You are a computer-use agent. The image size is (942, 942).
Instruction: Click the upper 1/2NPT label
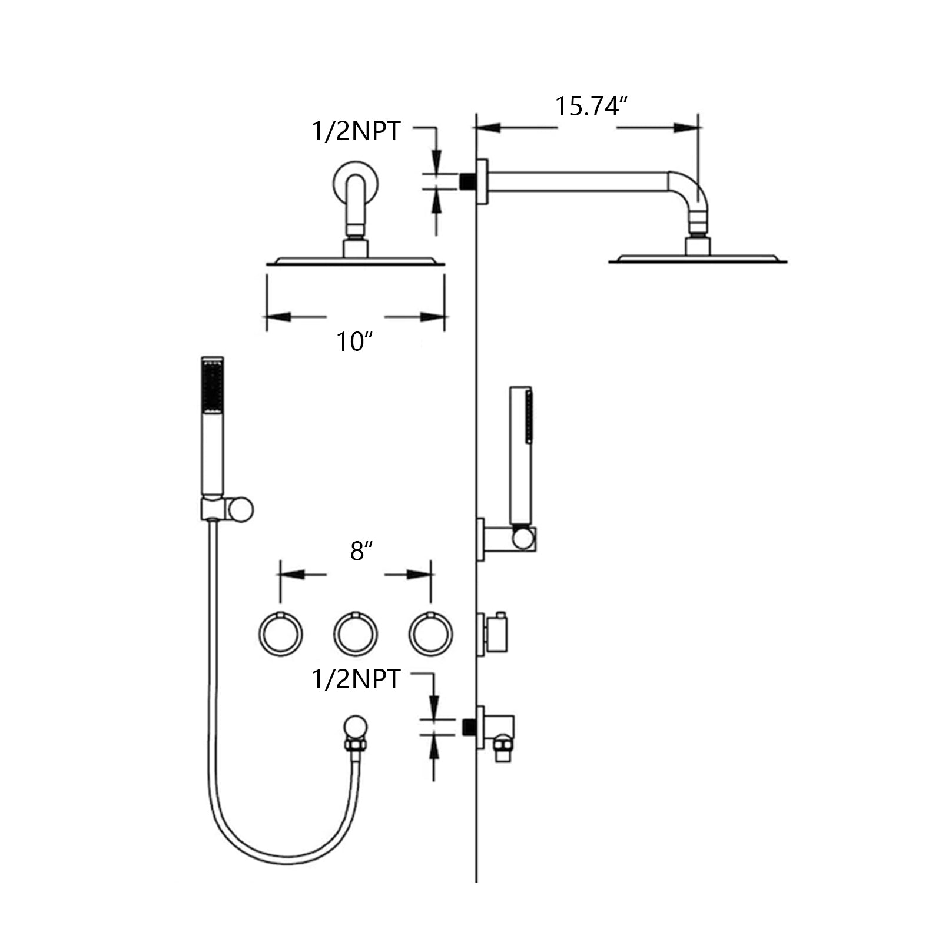(356, 131)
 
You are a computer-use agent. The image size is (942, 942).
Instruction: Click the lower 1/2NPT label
(356, 679)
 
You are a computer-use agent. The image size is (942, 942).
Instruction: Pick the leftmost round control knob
(281, 634)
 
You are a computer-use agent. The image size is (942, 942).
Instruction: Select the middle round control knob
(356, 634)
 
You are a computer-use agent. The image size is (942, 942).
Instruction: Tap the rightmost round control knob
(430, 634)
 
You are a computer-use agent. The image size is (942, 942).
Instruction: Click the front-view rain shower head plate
(356, 261)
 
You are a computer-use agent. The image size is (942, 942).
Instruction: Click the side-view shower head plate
(698, 259)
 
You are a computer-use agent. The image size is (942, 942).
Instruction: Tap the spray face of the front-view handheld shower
(213, 385)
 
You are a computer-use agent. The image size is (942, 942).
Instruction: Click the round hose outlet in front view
(356, 725)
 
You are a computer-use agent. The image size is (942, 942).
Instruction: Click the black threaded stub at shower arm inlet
(467, 181)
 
